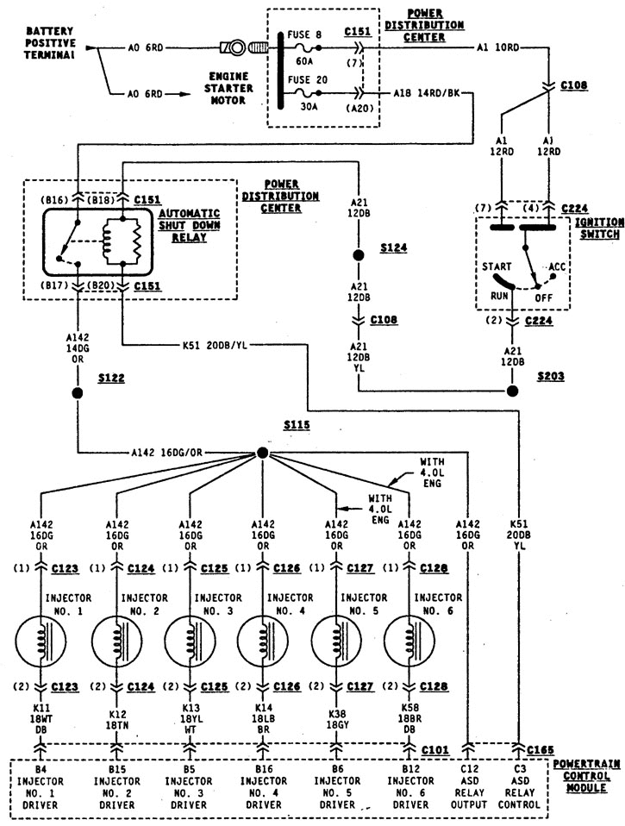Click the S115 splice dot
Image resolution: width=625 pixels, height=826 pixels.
pos(262,453)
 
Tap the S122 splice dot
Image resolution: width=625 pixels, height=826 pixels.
pos(78,393)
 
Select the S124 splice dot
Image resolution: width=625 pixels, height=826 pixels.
pos(359,255)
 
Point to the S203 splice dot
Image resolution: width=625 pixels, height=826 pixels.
pos(512,391)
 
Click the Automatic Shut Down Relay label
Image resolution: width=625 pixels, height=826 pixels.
pos(190,225)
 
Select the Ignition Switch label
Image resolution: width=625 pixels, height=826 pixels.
pos(600,228)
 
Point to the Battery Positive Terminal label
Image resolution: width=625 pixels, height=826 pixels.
pos(51,42)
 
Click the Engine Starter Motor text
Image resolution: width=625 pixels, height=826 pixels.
pos(228,88)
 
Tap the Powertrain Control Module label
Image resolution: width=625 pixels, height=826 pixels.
pos(586,776)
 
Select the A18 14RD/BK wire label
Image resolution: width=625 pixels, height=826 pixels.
pos(427,93)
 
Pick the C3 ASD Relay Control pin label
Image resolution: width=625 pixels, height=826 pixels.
pos(519,787)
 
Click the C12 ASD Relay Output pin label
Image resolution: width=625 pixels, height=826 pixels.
pos(469,787)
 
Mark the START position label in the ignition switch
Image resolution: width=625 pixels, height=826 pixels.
pos(497,266)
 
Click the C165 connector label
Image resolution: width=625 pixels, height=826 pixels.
pos(541,749)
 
